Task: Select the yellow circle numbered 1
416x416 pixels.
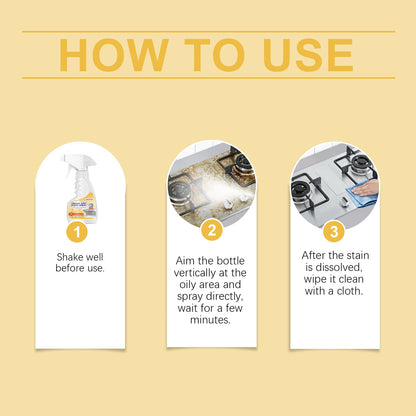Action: coord(81,231)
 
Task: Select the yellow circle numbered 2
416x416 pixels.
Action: coord(211,231)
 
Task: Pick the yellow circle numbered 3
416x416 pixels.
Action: coord(335,231)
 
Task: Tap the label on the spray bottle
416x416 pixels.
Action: coord(82,204)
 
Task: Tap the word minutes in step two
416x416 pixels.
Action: coord(210,321)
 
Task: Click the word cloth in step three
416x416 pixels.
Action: coord(349,292)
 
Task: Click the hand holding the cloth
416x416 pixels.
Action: coord(367,186)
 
